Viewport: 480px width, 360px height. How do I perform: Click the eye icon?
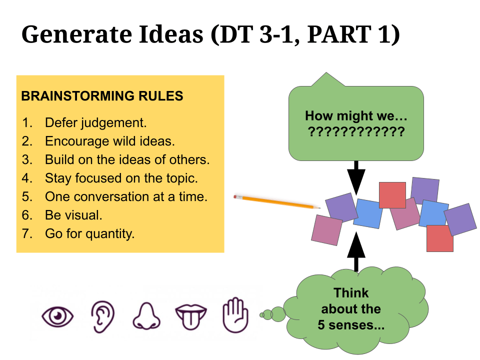(58, 316)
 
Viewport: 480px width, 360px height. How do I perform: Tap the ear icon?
(102, 316)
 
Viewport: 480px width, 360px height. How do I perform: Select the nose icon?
(146, 316)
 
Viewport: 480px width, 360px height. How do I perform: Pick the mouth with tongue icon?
(190, 316)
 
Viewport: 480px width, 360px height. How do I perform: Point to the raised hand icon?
(235, 315)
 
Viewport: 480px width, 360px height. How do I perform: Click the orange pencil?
(277, 202)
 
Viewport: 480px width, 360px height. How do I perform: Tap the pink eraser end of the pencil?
(236, 197)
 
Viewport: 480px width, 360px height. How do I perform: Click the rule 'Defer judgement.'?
(95, 123)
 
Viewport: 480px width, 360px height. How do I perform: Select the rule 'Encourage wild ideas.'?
(110, 141)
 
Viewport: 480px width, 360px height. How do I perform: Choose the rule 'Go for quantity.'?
(90, 233)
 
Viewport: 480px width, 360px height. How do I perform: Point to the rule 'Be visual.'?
(73, 215)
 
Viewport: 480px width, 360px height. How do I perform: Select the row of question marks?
(356, 133)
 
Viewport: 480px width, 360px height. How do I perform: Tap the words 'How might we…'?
(356, 117)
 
